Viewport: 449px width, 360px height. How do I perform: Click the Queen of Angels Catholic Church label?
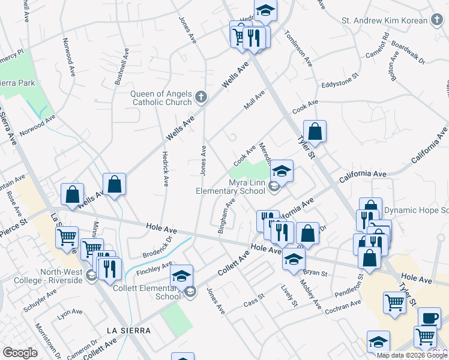click(161, 97)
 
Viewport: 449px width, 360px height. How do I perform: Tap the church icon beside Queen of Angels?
click(201, 96)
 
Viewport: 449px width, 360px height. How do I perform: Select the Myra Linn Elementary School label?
click(231, 187)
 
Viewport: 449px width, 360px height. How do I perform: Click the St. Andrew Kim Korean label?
click(385, 20)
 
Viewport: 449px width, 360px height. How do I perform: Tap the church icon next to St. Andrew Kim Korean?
click(438, 20)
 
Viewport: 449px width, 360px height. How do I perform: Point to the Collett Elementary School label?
click(147, 292)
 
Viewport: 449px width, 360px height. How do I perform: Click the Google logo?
click(20, 352)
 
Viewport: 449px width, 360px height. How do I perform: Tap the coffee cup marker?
click(429, 317)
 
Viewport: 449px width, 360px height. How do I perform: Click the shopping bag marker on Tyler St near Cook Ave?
click(315, 131)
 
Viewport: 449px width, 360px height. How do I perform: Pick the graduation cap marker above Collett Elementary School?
click(181, 276)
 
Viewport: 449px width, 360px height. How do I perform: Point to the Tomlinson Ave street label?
click(298, 48)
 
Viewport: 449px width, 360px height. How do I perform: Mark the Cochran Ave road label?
click(343, 307)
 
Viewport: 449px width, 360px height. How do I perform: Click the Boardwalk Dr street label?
click(408, 53)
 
